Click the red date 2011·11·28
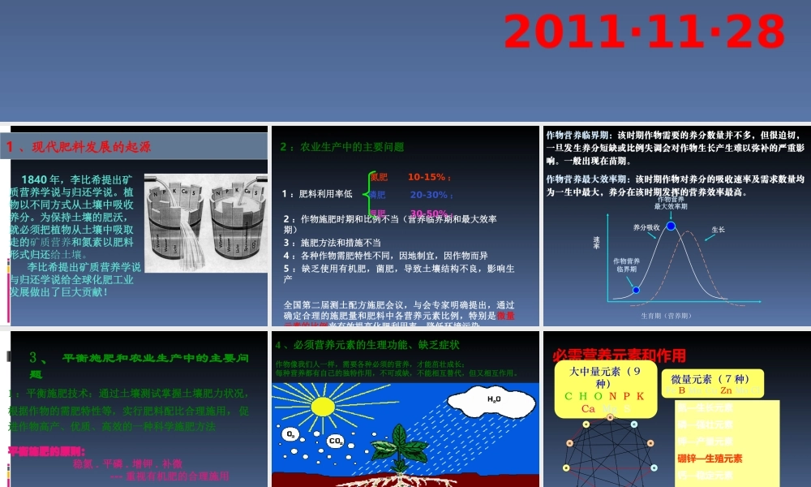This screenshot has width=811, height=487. (644, 32)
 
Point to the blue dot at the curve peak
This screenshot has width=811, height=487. (671, 226)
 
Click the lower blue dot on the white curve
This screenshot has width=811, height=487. (636, 290)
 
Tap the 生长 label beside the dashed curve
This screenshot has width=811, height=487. (718, 230)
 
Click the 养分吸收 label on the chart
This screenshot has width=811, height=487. (646, 227)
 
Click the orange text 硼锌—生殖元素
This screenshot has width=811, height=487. (710, 459)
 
